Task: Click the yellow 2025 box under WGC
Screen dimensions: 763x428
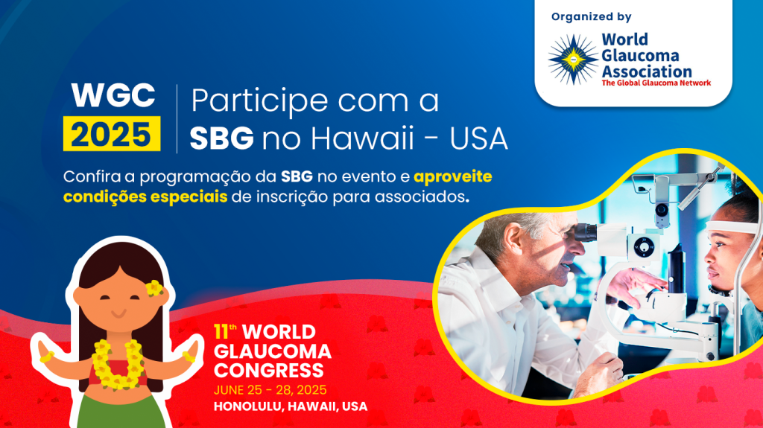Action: click(x=112, y=133)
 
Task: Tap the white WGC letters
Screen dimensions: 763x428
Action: click(x=113, y=95)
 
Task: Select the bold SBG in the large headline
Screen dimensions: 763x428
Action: click(x=221, y=138)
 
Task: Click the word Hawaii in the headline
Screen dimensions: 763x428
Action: click(x=362, y=138)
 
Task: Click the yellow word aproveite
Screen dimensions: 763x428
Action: click(x=452, y=177)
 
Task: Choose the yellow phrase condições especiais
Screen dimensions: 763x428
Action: click(x=145, y=197)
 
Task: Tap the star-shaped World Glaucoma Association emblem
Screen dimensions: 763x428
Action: click(x=573, y=60)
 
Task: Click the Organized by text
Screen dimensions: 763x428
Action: click(x=591, y=17)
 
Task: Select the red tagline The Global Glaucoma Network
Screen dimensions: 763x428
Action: click(x=656, y=83)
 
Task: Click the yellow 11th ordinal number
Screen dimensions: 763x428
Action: click(x=225, y=332)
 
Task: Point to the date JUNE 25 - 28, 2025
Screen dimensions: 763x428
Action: click(x=270, y=390)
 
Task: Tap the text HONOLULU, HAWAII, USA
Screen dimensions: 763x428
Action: click(x=291, y=406)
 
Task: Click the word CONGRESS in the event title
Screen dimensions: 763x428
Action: click(x=268, y=371)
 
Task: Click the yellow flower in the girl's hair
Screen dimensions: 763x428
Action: click(x=154, y=288)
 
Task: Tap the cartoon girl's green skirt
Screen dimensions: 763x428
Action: click(x=121, y=411)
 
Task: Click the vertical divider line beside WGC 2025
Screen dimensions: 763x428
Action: click(x=177, y=118)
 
